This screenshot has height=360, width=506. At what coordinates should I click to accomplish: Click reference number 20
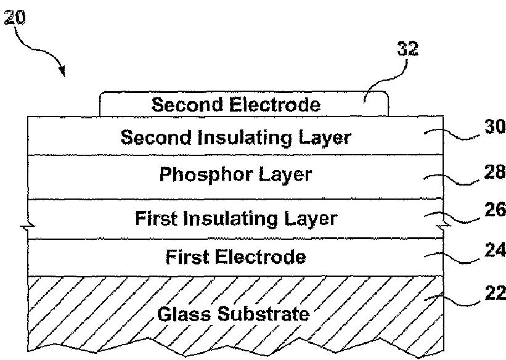(x=14, y=17)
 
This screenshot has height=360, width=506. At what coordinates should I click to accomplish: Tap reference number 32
(x=407, y=49)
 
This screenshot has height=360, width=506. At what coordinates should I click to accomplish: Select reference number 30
(x=495, y=126)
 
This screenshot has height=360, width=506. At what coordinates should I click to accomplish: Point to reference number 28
(x=495, y=172)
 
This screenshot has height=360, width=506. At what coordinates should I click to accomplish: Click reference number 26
(x=495, y=210)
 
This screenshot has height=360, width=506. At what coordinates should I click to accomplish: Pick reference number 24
(x=495, y=250)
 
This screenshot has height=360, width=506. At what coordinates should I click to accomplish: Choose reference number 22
(x=495, y=293)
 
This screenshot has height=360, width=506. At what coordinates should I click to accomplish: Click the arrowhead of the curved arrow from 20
(x=62, y=72)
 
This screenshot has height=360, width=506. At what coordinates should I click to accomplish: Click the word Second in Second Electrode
(x=187, y=105)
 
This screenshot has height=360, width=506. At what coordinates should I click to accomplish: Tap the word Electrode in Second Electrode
(x=275, y=105)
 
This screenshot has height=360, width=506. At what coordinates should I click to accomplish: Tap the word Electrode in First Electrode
(x=261, y=257)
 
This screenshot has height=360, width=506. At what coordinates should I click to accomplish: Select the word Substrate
(x=263, y=314)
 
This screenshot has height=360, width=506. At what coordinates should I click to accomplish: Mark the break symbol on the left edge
(x=28, y=227)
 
